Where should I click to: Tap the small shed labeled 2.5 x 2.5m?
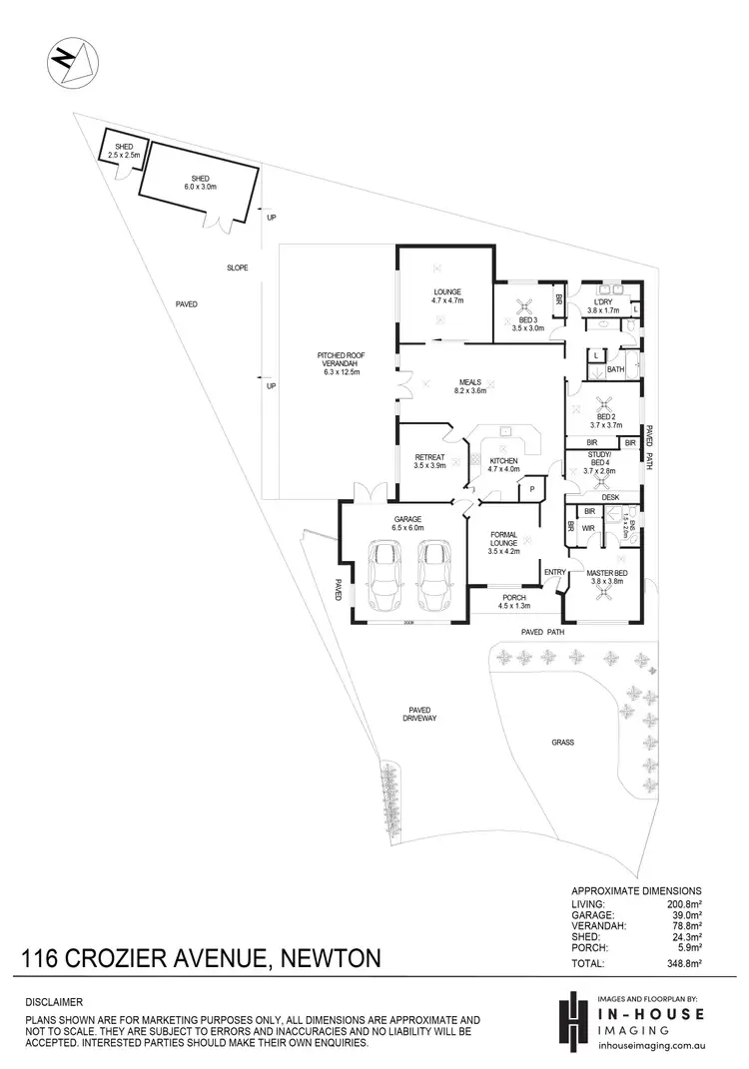[x=124, y=153]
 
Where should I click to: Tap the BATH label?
[x=615, y=368]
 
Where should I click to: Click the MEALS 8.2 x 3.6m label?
[x=470, y=385]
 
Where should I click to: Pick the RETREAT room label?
[x=429, y=461]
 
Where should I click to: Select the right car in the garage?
[x=435, y=576]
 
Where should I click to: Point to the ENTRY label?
[x=555, y=571]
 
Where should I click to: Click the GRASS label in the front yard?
[x=562, y=743]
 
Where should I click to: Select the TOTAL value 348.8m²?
[x=683, y=964]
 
